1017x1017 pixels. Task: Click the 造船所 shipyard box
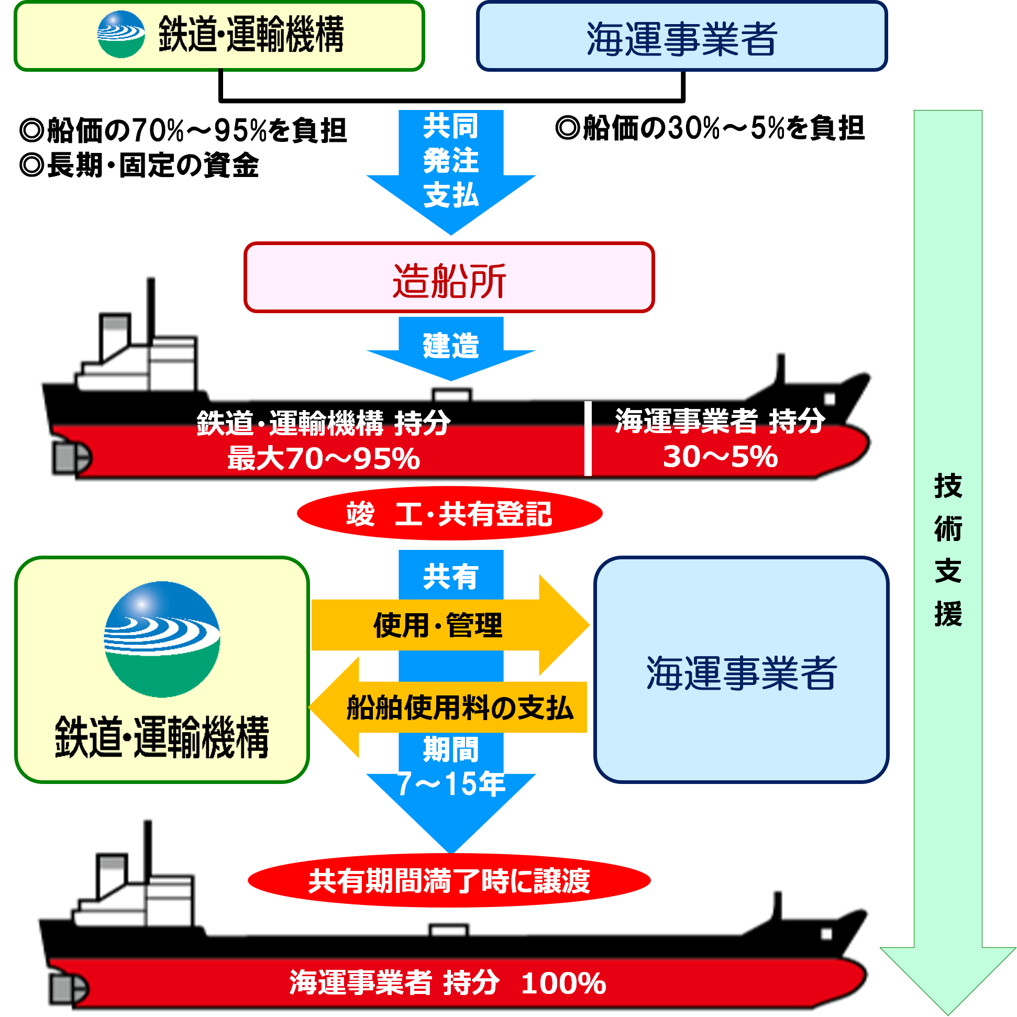[x=449, y=278]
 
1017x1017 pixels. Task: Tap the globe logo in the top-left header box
[x=121, y=35]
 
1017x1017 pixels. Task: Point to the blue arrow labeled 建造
[x=451, y=347]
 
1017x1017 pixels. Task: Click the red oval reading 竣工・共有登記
[x=449, y=514]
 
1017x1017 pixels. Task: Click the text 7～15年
[x=451, y=784]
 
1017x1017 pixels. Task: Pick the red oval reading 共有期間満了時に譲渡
[x=449, y=881]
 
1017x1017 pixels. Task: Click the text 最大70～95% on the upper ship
[x=324, y=459]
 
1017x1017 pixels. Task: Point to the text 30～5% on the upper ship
[x=720, y=456]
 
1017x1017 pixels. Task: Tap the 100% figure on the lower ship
[x=563, y=983]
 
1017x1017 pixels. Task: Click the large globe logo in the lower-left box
[x=162, y=639]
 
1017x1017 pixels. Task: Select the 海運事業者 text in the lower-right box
[x=741, y=673]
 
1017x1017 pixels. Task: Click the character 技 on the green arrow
[x=948, y=486]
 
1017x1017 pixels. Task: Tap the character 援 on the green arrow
[x=948, y=614]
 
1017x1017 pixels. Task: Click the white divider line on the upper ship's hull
[x=588, y=438]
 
